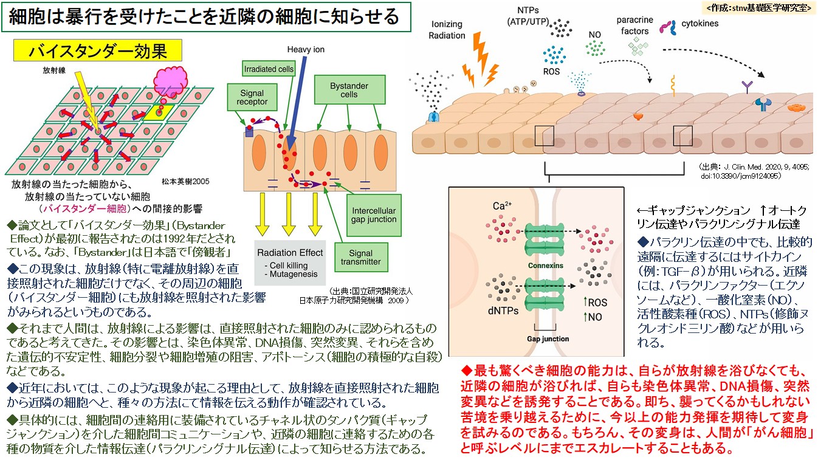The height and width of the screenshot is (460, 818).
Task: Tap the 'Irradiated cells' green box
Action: pos(268,69)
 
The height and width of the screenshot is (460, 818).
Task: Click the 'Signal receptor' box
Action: pos(252,98)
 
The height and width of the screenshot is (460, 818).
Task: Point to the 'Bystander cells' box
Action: pos(349,91)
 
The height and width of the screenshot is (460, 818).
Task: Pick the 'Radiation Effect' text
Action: pos(290,253)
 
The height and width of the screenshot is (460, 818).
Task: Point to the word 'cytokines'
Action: pos(700,24)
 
